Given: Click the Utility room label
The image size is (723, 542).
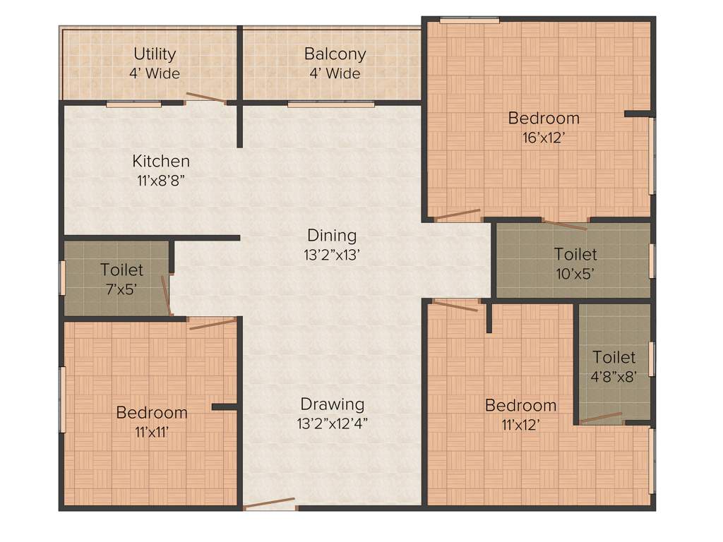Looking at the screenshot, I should click(154, 54).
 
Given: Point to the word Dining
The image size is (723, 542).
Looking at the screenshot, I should click(332, 235).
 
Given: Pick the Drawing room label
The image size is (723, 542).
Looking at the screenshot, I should click(333, 404).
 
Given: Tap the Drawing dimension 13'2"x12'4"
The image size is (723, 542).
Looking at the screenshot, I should click(333, 423).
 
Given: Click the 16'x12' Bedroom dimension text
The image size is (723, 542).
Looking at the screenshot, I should click(544, 138).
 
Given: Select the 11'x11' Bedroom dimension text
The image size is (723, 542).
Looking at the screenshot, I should click(152, 432).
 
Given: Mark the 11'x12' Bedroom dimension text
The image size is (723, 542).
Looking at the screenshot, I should click(520, 425).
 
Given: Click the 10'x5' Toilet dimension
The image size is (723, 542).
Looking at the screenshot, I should click(575, 274).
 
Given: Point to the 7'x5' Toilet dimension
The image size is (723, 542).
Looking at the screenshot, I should click(121, 289).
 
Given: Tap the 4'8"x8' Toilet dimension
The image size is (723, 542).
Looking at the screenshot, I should click(614, 376).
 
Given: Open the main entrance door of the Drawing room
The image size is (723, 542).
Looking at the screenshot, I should click(269, 504).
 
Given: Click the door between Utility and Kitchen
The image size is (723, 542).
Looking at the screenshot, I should click(206, 98).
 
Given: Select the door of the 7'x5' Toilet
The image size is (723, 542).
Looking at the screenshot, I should click(166, 295).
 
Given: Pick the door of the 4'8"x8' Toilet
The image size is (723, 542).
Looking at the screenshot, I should click(602, 418).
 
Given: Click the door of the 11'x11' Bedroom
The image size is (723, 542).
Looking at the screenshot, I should click(213, 324).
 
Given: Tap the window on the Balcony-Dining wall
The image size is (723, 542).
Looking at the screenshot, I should click(330, 104).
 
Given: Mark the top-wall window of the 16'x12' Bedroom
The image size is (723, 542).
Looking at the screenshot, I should click(470, 20).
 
